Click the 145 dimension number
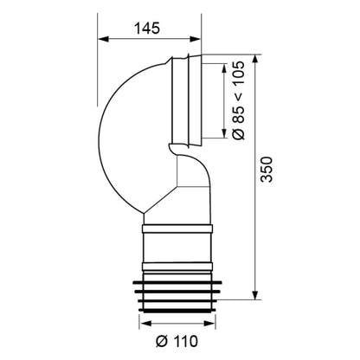pos(147,29)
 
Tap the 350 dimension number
pos(266,170)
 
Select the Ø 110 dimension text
pos(177,341)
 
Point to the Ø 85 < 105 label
pos(239,100)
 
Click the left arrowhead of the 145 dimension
pos(103,39)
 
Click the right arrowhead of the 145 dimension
pos(195,39)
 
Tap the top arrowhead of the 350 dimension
pos(254,60)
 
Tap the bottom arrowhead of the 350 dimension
pos(254,294)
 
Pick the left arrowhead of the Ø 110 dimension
pos(145,323)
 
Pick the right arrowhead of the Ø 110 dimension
pos(209,323)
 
